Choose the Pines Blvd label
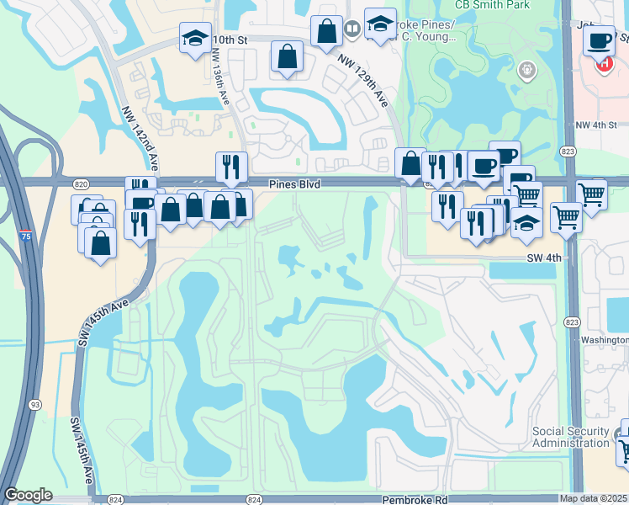[295, 183]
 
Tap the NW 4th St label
[596, 125]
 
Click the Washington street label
[605, 340]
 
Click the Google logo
[28, 495]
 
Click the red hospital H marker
[603, 64]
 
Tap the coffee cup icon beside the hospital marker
[599, 40]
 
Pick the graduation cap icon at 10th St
[194, 39]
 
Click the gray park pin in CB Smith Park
[528, 69]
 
